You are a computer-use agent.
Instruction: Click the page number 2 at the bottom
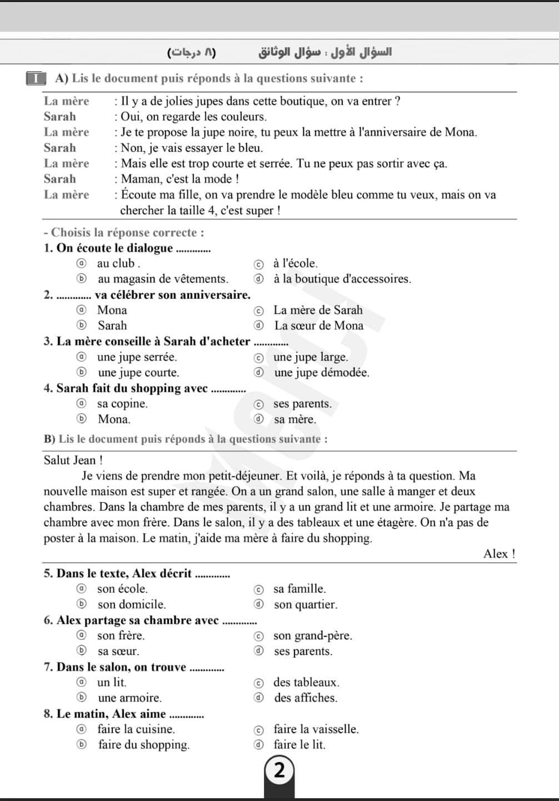click(x=279, y=770)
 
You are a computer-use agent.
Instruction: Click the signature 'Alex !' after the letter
click(x=499, y=554)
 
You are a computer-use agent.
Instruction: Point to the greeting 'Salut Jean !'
click(x=73, y=461)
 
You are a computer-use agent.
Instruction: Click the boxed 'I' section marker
click(x=36, y=78)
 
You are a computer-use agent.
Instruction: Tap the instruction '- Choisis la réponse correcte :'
click(x=123, y=233)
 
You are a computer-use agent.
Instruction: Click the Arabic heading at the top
click(x=325, y=52)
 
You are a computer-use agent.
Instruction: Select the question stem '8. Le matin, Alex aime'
click(x=105, y=714)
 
